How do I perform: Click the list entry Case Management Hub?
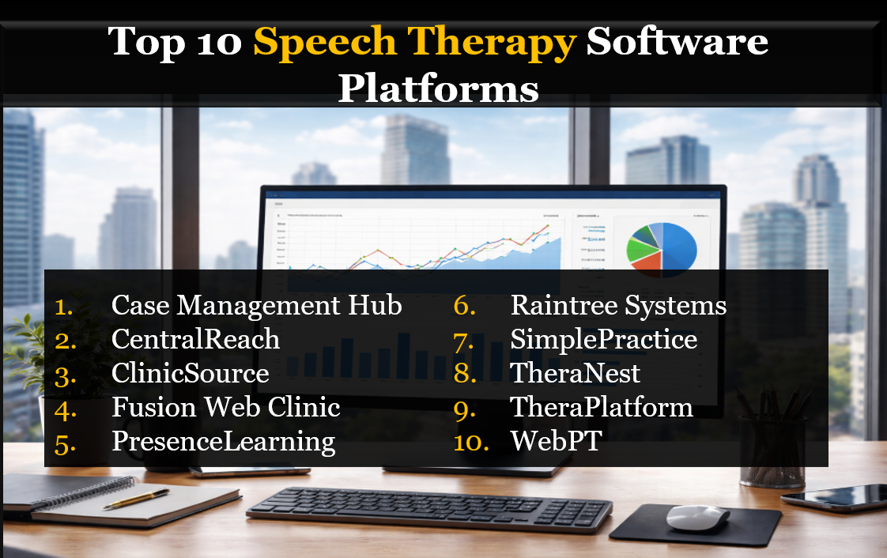tap(256, 305)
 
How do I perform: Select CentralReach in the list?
tap(195, 339)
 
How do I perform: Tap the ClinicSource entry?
tap(190, 373)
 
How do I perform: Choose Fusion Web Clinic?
tap(225, 407)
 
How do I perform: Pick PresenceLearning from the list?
tap(223, 441)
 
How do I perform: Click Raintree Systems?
tap(618, 305)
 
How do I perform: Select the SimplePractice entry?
tap(603, 339)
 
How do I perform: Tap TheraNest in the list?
tap(575, 373)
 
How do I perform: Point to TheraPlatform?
tap(601, 407)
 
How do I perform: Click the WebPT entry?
tap(556, 441)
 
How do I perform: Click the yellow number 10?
tap(471, 442)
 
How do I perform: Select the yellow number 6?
tap(464, 306)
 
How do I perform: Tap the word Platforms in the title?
tap(438, 89)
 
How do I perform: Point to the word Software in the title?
tap(677, 41)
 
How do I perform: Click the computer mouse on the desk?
tap(697, 518)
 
